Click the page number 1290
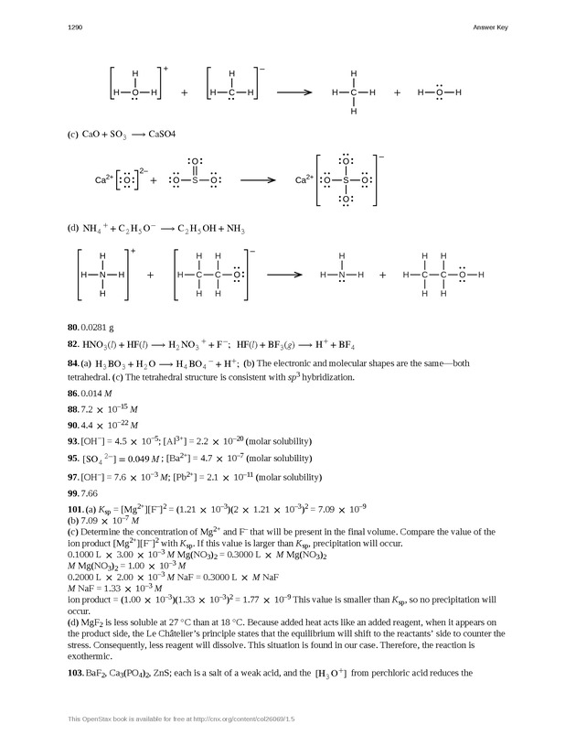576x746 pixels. tap(76, 28)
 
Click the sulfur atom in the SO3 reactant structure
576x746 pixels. tap(194, 180)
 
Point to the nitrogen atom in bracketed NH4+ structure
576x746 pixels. tap(103, 275)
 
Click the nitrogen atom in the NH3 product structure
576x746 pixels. tap(342, 275)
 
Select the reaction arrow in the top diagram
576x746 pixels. tap(294, 92)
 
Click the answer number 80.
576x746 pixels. tap(73, 327)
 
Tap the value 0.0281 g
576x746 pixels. tap(95, 327)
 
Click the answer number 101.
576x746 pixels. tap(75, 510)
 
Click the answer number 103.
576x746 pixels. tap(75, 674)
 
